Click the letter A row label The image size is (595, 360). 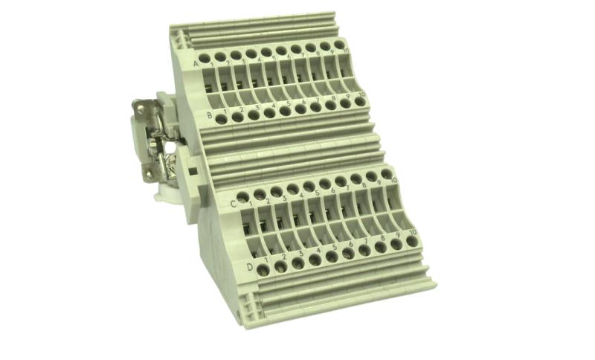(x=196, y=65)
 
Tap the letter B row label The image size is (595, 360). (x=210, y=115)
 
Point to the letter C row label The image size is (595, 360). (x=232, y=202)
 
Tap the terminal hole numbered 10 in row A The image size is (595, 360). (x=339, y=45)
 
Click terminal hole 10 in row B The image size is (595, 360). (x=360, y=101)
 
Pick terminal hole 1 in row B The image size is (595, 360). (x=221, y=118)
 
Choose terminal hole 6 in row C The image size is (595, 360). (x=324, y=183)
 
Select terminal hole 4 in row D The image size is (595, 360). (x=314, y=260)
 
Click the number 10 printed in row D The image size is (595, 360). (x=411, y=231)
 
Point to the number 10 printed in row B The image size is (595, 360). (x=361, y=94)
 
